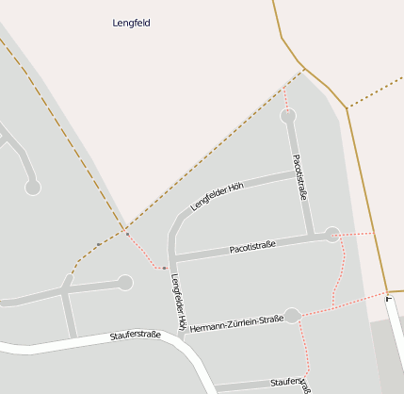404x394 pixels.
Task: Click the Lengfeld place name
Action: pyautogui.click(x=131, y=23)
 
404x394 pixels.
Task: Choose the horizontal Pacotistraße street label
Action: pyautogui.click(x=252, y=247)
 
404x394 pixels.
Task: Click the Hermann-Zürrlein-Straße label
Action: pyautogui.click(x=236, y=323)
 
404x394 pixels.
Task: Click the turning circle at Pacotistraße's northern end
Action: pyautogui.click(x=288, y=116)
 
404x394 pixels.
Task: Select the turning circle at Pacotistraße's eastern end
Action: pyautogui.click(x=331, y=235)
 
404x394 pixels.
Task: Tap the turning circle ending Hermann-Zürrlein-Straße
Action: pyautogui.click(x=292, y=315)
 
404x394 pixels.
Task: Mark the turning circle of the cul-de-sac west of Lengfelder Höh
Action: pyautogui.click(x=125, y=282)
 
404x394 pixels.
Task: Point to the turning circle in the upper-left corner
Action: pyautogui.click(x=33, y=188)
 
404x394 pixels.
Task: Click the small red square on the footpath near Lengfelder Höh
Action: pyautogui.click(x=164, y=268)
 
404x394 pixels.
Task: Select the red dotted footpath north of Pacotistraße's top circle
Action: pyautogui.click(x=285, y=97)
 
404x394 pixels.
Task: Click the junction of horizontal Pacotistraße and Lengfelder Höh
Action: pyautogui.click(x=173, y=259)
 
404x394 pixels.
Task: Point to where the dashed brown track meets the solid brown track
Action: pyautogui.click(x=303, y=68)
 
